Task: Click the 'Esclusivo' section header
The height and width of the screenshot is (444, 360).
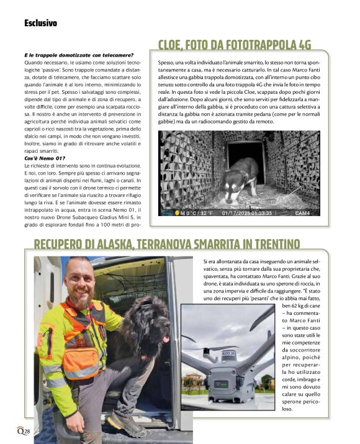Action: pyautogui.click(x=40, y=23)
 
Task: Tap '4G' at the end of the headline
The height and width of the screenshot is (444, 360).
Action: pyautogui.click(x=302, y=44)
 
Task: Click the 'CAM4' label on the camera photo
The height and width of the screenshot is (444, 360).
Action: pyautogui.click(x=302, y=212)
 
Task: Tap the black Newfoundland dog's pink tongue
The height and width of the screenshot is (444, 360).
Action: pyautogui.click(x=165, y=339)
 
